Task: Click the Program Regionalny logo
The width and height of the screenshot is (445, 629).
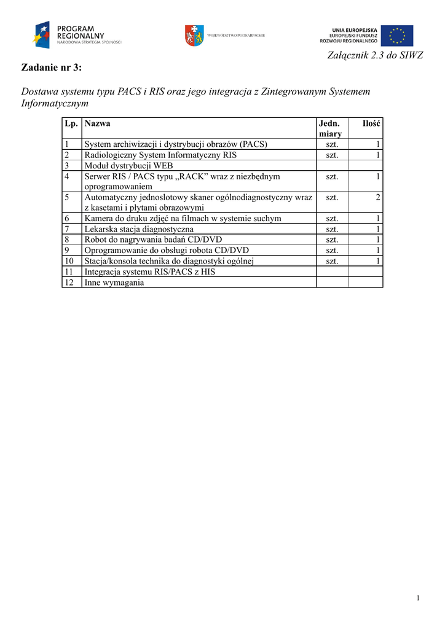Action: (77, 35)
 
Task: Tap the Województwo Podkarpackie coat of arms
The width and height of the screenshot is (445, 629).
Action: (194, 36)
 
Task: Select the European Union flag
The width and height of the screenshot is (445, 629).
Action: (396, 36)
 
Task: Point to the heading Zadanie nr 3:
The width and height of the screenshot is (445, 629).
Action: (52, 67)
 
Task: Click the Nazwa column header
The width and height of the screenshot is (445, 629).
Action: (97, 123)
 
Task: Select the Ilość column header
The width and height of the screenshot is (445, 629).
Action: (371, 123)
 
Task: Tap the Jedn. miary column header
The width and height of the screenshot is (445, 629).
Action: (330, 128)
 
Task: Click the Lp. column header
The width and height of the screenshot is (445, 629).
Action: (71, 123)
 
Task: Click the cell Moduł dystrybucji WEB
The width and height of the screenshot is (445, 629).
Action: (128, 165)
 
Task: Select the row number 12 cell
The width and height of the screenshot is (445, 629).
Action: (69, 282)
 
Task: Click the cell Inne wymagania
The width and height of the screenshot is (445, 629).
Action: (114, 282)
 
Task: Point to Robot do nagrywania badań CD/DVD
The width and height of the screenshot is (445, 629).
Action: (153, 240)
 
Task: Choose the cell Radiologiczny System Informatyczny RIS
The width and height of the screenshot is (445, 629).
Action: (160, 155)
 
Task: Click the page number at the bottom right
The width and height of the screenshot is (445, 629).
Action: (418, 598)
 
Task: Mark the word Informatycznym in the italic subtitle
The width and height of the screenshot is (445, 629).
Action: (55, 104)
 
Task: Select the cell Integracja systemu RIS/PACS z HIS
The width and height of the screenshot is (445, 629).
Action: (149, 272)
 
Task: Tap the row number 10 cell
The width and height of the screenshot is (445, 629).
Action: (69, 261)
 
